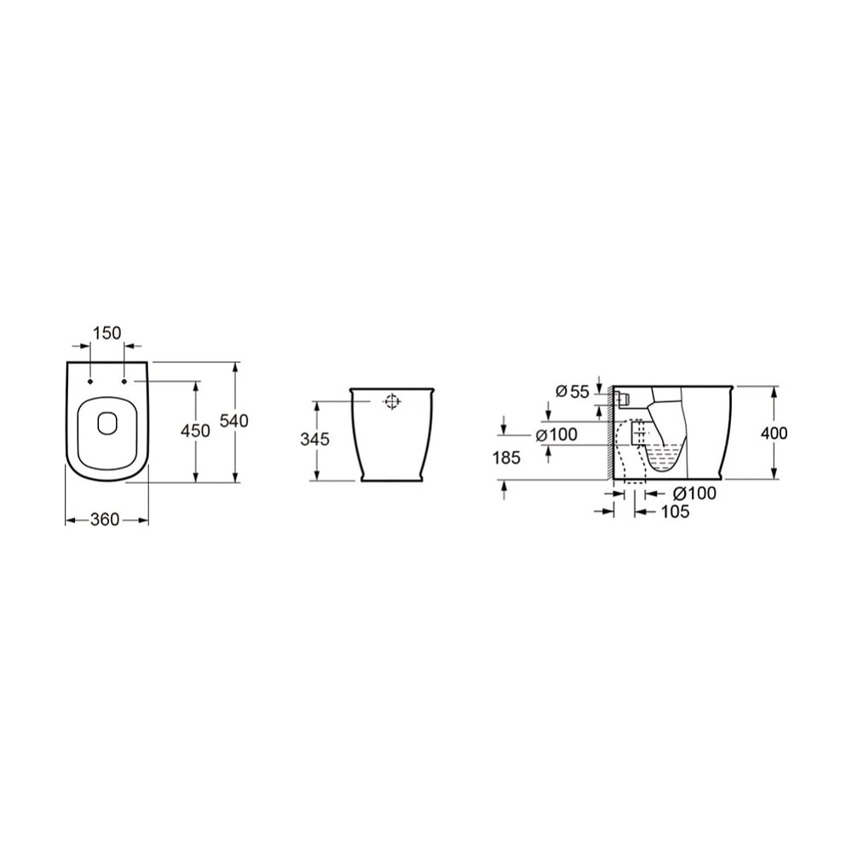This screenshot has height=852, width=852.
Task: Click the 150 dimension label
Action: (x=107, y=332)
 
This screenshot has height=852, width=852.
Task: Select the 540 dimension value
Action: (x=234, y=421)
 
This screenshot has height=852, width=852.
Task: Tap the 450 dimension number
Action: (x=195, y=431)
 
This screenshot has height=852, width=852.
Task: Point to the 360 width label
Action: (x=104, y=520)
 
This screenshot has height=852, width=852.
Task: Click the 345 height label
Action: (x=314, y=439)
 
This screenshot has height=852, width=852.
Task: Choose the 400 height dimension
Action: (x=774, y=433)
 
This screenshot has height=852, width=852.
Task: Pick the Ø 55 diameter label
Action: (x=573, y=391)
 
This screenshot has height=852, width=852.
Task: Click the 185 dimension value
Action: (x=506, y=458)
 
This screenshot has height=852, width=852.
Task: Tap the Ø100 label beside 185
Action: (x=556, y=435)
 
